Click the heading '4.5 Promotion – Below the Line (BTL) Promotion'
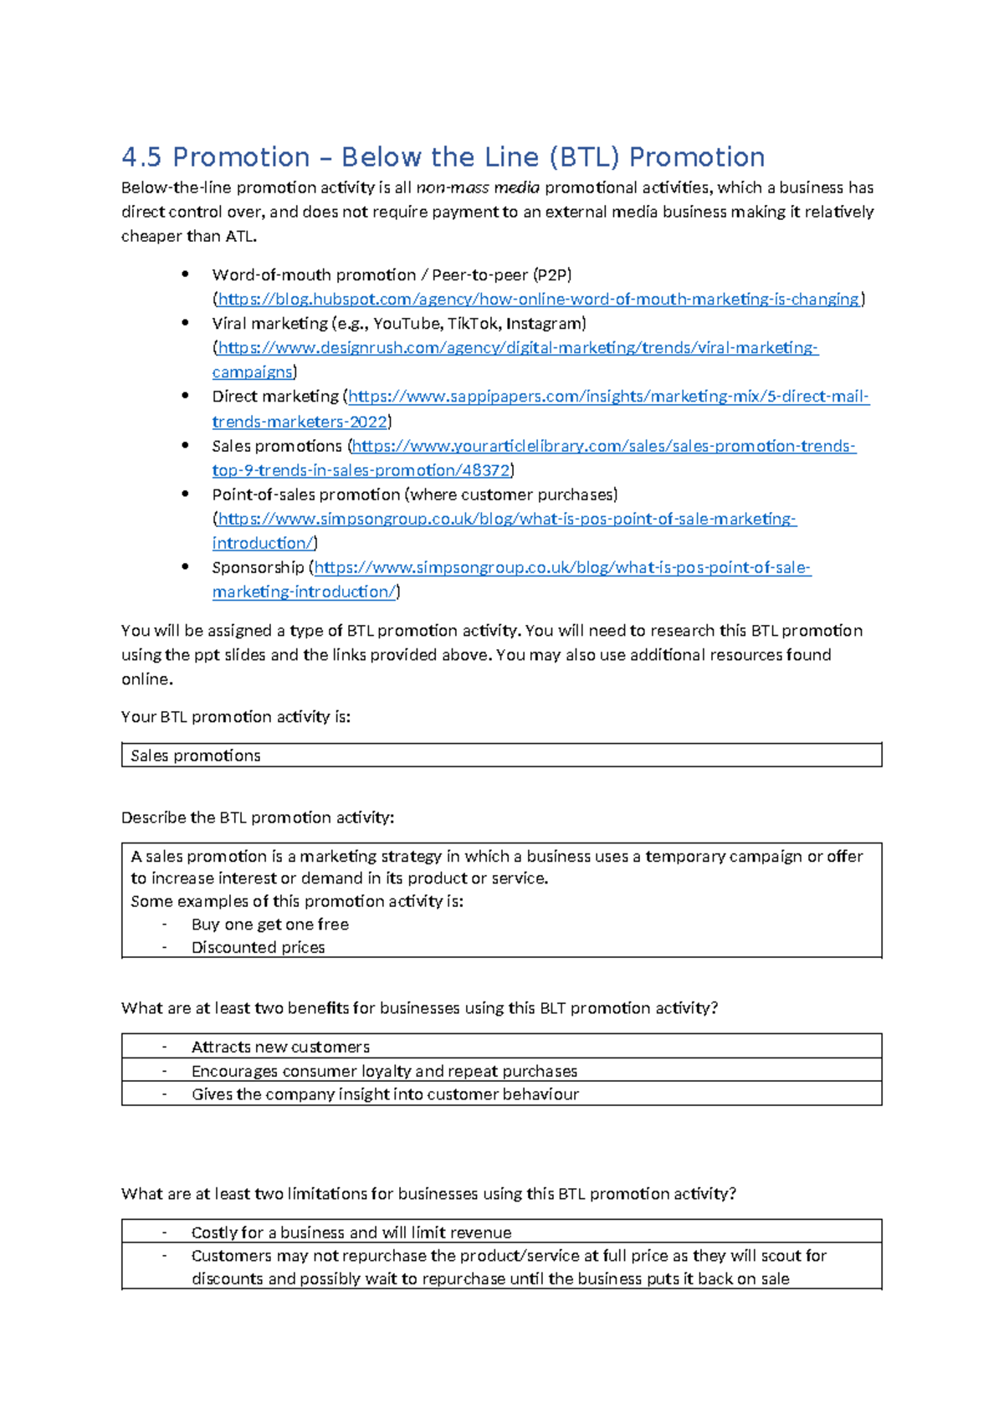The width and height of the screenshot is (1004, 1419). pyautogui.click(x=443, y=157)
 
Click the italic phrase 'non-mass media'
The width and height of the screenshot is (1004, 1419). pyautogui.click(x=478, y=187)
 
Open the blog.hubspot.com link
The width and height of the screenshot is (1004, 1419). pyautogui.click(x=538, y=299)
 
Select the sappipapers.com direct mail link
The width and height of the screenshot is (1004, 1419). pyautogui.click(x=608, y=397)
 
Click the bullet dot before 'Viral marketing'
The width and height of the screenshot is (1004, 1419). pyautogui.click(x=185, y=323)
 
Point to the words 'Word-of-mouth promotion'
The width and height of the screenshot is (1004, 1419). pyautogui.click(x=314, y=274)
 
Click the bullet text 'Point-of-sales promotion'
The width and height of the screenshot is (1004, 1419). pyautogui.click(x=305, y=494)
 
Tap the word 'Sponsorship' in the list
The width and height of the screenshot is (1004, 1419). pyautogui.click(x=258, y=567)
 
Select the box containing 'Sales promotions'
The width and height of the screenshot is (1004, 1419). pyautogui.click(x=501, y=756)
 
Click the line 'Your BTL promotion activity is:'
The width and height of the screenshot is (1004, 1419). pyautogui.click(x=236, y=717)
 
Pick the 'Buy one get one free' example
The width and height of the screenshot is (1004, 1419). pyautogui.click(x=269, y=925)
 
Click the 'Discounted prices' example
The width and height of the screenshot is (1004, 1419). pyautogui.click(x=258, y=947)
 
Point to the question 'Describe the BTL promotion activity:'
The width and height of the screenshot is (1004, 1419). pyautogui.click(x=258, y=817)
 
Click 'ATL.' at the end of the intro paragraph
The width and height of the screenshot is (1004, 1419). pyautogui.click(x=241, y=236)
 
